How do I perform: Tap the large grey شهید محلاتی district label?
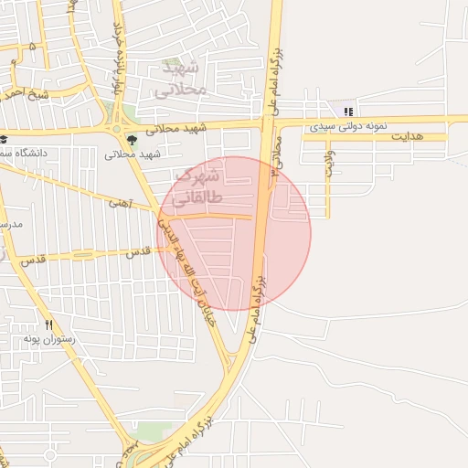(177, 79)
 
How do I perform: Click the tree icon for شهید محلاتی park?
(133, 140)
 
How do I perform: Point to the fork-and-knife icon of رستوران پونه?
(48, 324)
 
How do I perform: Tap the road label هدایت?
(408, 136)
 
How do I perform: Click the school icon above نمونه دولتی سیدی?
(347, 112)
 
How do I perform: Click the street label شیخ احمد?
(25, 93)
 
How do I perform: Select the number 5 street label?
(33, 45)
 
